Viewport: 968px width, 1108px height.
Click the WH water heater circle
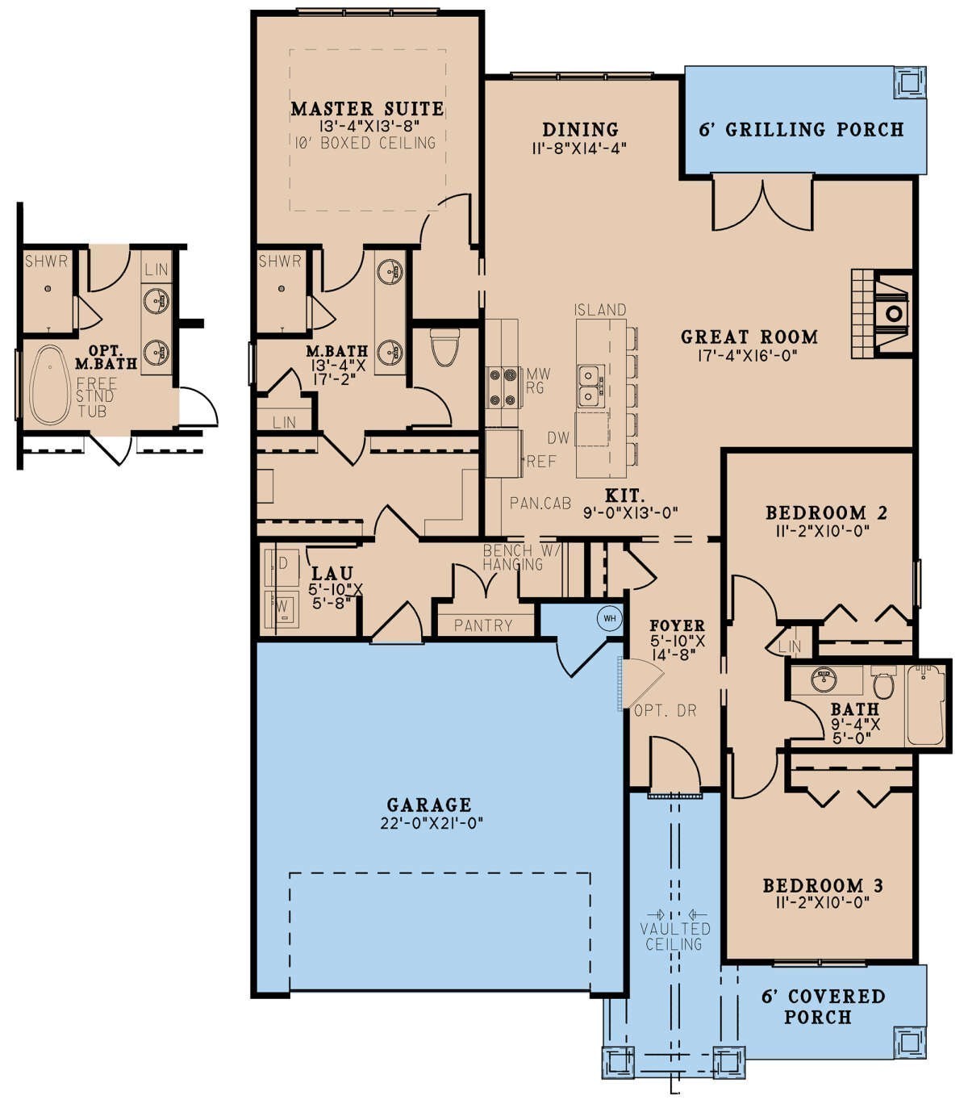[x=609, y=619]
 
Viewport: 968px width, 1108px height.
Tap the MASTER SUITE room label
[x=367, y=108]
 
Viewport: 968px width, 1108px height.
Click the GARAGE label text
[x=428, y=805]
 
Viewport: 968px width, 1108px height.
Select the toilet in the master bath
[x=444, y=347]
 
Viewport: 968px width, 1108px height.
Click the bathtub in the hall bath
[x=925, y=705]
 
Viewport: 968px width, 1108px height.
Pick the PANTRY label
[x=483, y=625]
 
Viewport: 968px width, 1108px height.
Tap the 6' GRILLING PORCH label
[x=801, y=129]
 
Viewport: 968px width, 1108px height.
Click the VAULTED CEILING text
[x=675, y=936]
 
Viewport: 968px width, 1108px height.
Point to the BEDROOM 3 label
[x=823, y=886]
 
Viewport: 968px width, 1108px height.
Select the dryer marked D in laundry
[x=282, y=562]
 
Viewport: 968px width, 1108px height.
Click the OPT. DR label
[x=665, y=711]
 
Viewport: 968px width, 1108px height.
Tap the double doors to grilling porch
[x=761, y=204]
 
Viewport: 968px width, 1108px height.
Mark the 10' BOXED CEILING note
[x=366, y=143]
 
